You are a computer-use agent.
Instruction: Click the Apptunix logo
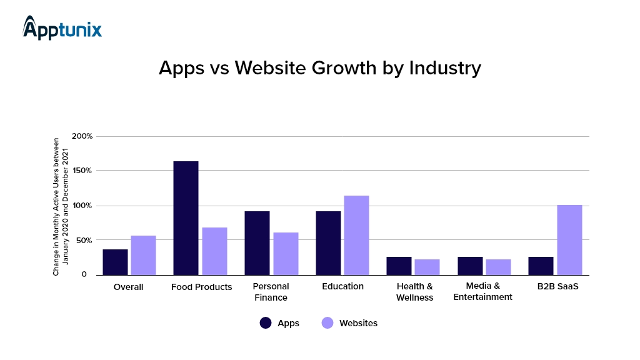coord(62,28)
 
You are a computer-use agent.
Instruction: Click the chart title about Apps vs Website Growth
coord(319,67)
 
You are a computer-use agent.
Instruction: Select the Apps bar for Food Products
coord(186,217)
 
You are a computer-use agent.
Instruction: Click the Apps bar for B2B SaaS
coord(541,266)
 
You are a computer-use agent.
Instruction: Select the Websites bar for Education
coord(356,235)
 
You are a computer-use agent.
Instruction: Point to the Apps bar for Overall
coord(115,262)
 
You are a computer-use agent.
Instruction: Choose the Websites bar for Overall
coord(143,255)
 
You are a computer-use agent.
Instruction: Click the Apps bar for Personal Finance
coord(257,242)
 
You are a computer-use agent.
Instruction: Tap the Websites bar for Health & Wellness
coord(427,267)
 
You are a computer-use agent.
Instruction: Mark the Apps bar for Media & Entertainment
coord(470,266)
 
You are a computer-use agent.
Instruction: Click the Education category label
coord(342,286)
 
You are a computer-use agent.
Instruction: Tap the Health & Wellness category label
coord(414,292)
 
